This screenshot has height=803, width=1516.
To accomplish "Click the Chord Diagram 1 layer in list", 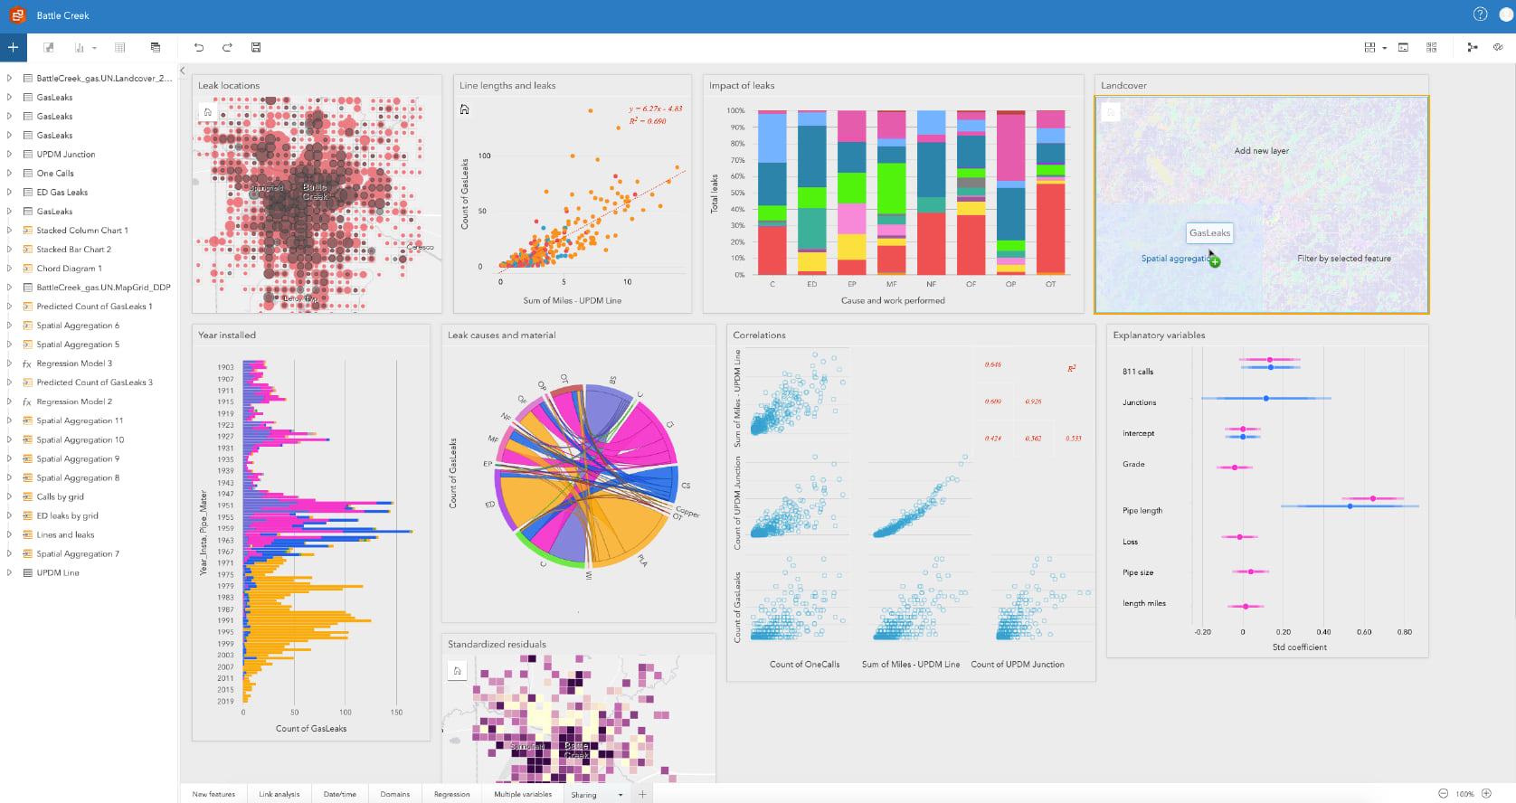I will tap(69, 269).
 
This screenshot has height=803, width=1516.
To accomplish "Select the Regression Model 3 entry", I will tap(74, 364).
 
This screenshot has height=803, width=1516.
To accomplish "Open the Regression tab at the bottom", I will tap(451, 795).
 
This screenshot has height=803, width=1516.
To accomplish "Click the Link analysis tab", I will tap(279, 795).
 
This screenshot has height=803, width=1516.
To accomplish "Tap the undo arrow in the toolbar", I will tap(199, 48).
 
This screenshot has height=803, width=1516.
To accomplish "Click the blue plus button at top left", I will tap(13, 47).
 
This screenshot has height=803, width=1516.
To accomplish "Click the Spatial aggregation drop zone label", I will tap(1174, 259).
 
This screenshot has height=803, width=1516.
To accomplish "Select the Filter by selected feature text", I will tap(1343, 259).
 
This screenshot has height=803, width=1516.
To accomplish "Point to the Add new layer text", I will tap(1261, 151).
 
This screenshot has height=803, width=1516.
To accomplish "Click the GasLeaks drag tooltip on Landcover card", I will tap(1209, 233).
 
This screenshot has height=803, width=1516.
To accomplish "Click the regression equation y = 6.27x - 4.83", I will tap(656, 109).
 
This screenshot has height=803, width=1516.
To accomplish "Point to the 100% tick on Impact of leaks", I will tap(735, 111).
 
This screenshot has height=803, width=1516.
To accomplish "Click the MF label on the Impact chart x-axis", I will tap(891, 284).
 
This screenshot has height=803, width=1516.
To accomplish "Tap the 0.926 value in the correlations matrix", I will tap(1033, 401).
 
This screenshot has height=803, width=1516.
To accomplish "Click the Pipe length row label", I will tap(1142, 511).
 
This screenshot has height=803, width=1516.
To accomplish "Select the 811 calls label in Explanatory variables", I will tap(1137, 372).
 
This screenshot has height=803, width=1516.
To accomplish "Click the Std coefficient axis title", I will tap(1299, 647).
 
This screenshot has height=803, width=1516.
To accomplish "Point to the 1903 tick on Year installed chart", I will tap(225, 367).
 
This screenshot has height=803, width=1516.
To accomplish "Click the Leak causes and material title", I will tap(501, 335).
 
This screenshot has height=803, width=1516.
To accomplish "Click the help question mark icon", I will tap(1480, 14).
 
